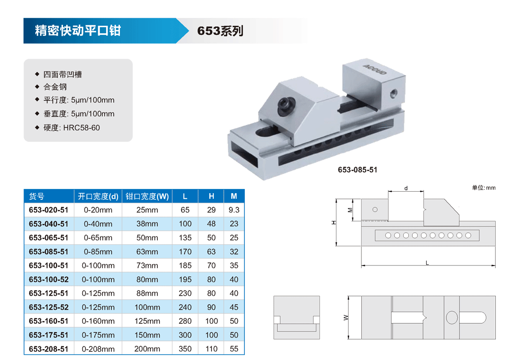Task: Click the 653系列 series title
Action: click(220, 31)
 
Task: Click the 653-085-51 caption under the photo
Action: click(357, 170)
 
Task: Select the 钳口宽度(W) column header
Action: click(147, 196)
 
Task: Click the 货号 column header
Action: click(37, 196)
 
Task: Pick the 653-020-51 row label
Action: click(48, 210)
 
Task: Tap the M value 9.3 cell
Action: click(234, 210)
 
